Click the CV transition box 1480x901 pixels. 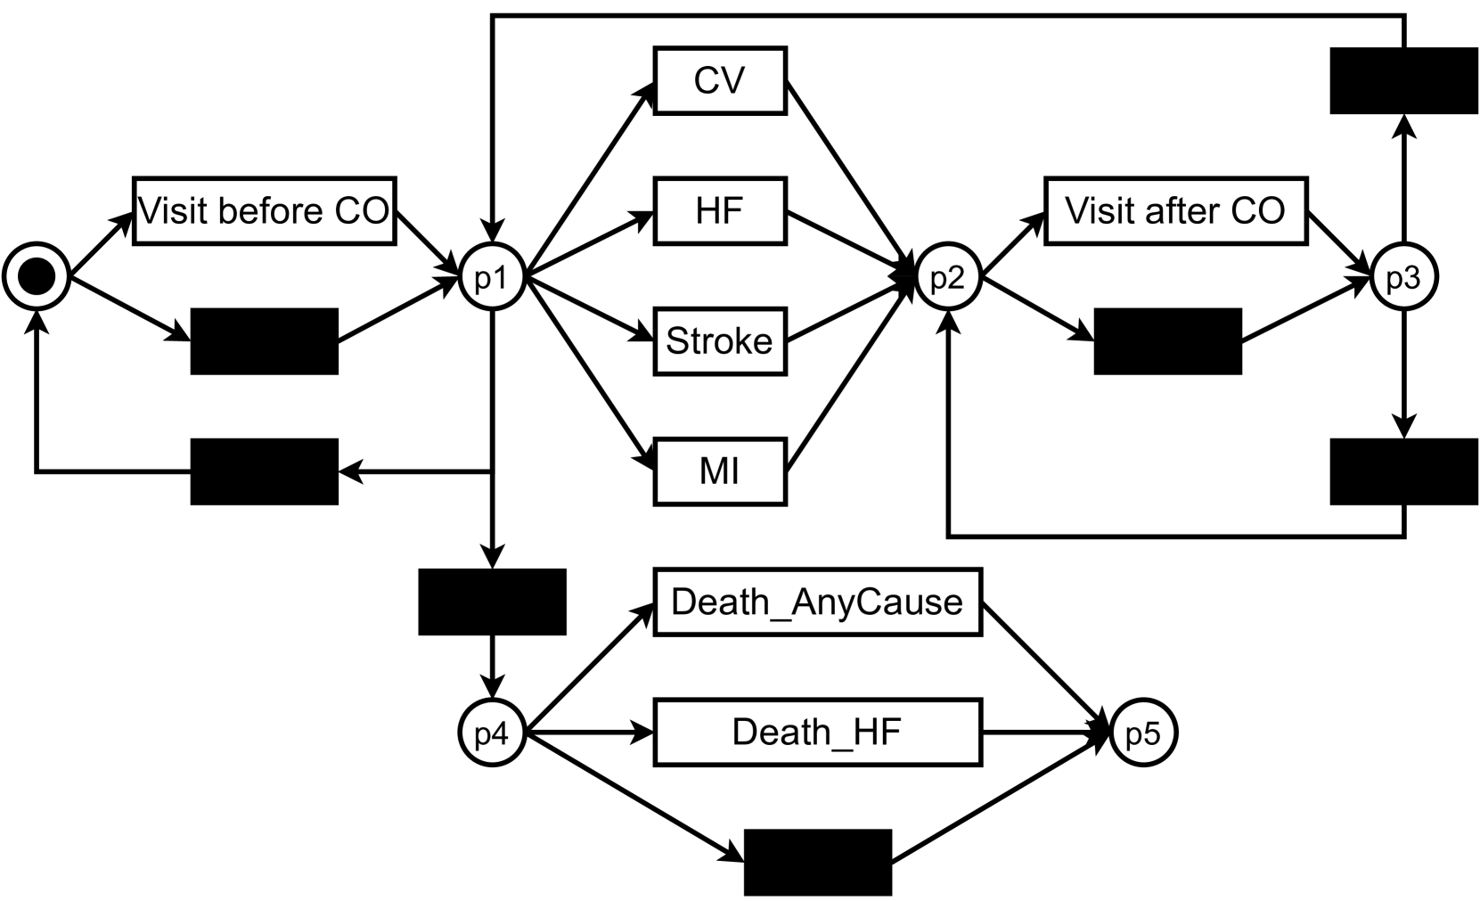click(x=720, y=80)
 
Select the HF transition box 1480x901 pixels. click(x=720, y=211)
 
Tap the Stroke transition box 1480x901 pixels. click(x=720, y=341)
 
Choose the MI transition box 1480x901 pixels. click(x=720, y=471)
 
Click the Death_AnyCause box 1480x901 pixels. click(x=817, y=602)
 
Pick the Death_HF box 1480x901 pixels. click(x=817, y=732)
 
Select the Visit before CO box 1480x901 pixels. click(x=264, y=211)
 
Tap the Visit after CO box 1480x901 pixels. click(x=1175, y=211)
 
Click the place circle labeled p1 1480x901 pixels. click(x=492, y=276)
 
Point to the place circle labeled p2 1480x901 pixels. click(x=948, y=276)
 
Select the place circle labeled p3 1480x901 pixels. click(x=1403, y=276)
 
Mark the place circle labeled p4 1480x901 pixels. click(x=492, y=733)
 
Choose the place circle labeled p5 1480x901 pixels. click(x=1143, y=733)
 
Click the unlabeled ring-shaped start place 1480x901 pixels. click(x=37, y=276)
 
